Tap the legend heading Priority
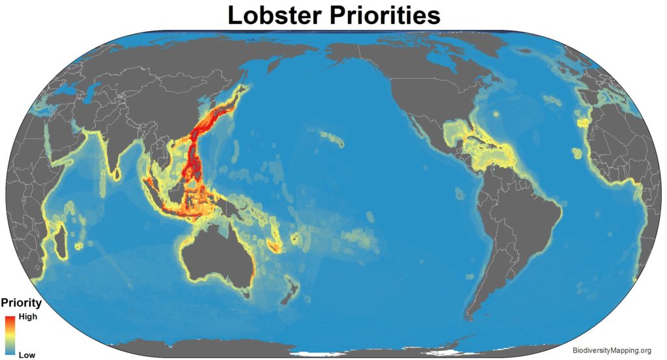[21, 303]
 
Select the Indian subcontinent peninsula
[108, 146]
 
